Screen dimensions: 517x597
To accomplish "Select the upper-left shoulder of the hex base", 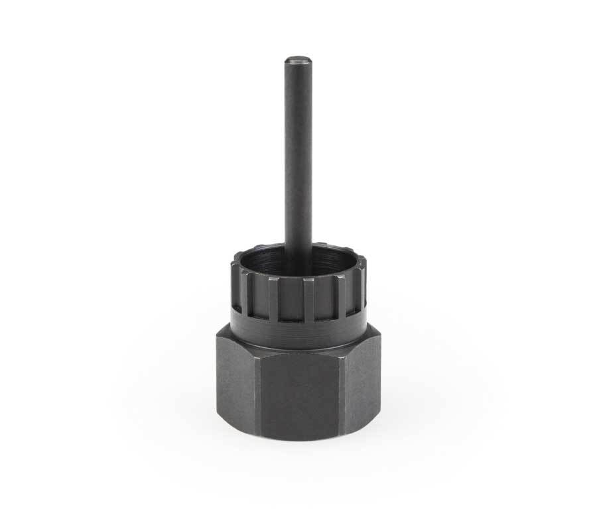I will (x=222, y=331).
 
